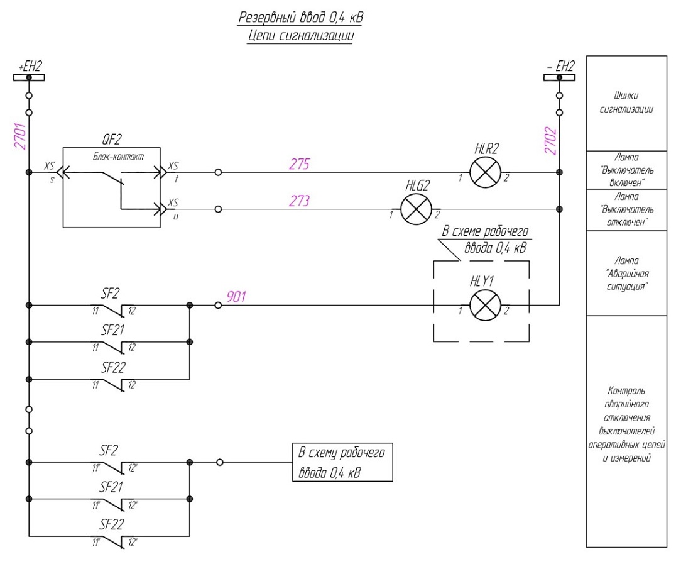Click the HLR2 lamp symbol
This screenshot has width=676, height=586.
(485, 172)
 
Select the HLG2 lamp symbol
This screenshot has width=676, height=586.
(416, 209)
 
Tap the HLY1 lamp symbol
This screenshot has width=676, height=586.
(485, 306)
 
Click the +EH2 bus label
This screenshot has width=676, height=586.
(30, 67)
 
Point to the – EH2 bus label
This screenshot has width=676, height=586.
(560, 67)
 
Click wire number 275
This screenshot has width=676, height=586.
(299, 164)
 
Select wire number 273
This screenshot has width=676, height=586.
(299, 201)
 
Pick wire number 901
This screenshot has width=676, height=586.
(236, 297)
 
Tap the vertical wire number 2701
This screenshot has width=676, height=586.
(20, 136)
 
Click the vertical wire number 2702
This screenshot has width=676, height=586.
(550, 141)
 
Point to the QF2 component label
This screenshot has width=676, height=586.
(112, 140)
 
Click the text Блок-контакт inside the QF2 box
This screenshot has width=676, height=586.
(118, 157)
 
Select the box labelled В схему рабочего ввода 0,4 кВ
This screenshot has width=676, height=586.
(343, 462)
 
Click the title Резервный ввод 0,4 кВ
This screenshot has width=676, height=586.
(301, 18)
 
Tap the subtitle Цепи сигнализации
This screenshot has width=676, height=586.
(300, 36)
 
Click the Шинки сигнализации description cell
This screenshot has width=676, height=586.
(626, 103)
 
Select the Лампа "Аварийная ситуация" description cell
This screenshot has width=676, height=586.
(626, 273)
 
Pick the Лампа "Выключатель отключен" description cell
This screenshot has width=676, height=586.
(626, 210)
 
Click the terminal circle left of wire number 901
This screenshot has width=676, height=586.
(218, 306)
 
